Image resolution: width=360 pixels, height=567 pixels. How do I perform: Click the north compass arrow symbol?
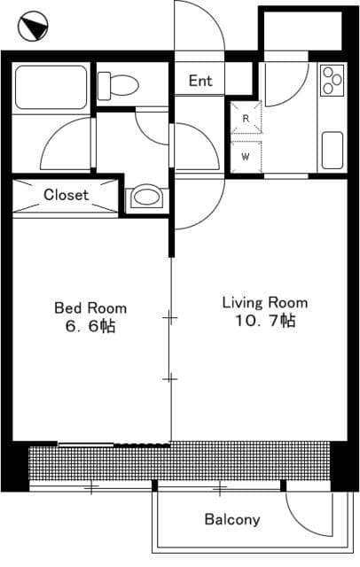point(34,27)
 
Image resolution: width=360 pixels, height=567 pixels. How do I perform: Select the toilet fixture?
point(119,85)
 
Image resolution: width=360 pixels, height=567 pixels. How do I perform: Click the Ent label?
point(200,82)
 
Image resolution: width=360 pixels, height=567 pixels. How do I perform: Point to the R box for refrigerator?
point(246,118)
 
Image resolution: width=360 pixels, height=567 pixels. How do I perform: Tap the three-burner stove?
point(332,80)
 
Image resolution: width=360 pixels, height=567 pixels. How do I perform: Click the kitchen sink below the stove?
point(332,149)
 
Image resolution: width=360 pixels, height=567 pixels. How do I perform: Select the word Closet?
point(66,195)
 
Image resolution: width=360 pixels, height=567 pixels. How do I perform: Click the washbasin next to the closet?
point(145,198)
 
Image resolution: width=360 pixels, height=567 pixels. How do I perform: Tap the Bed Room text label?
point(90,308)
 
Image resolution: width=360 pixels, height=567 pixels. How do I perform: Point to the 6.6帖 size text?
point(90,327)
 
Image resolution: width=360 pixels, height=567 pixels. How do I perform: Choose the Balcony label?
point(232,520)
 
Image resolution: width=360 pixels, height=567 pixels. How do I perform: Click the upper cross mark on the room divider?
point(169,316)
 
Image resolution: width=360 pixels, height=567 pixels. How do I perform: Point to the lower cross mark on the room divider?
point(169,378)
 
